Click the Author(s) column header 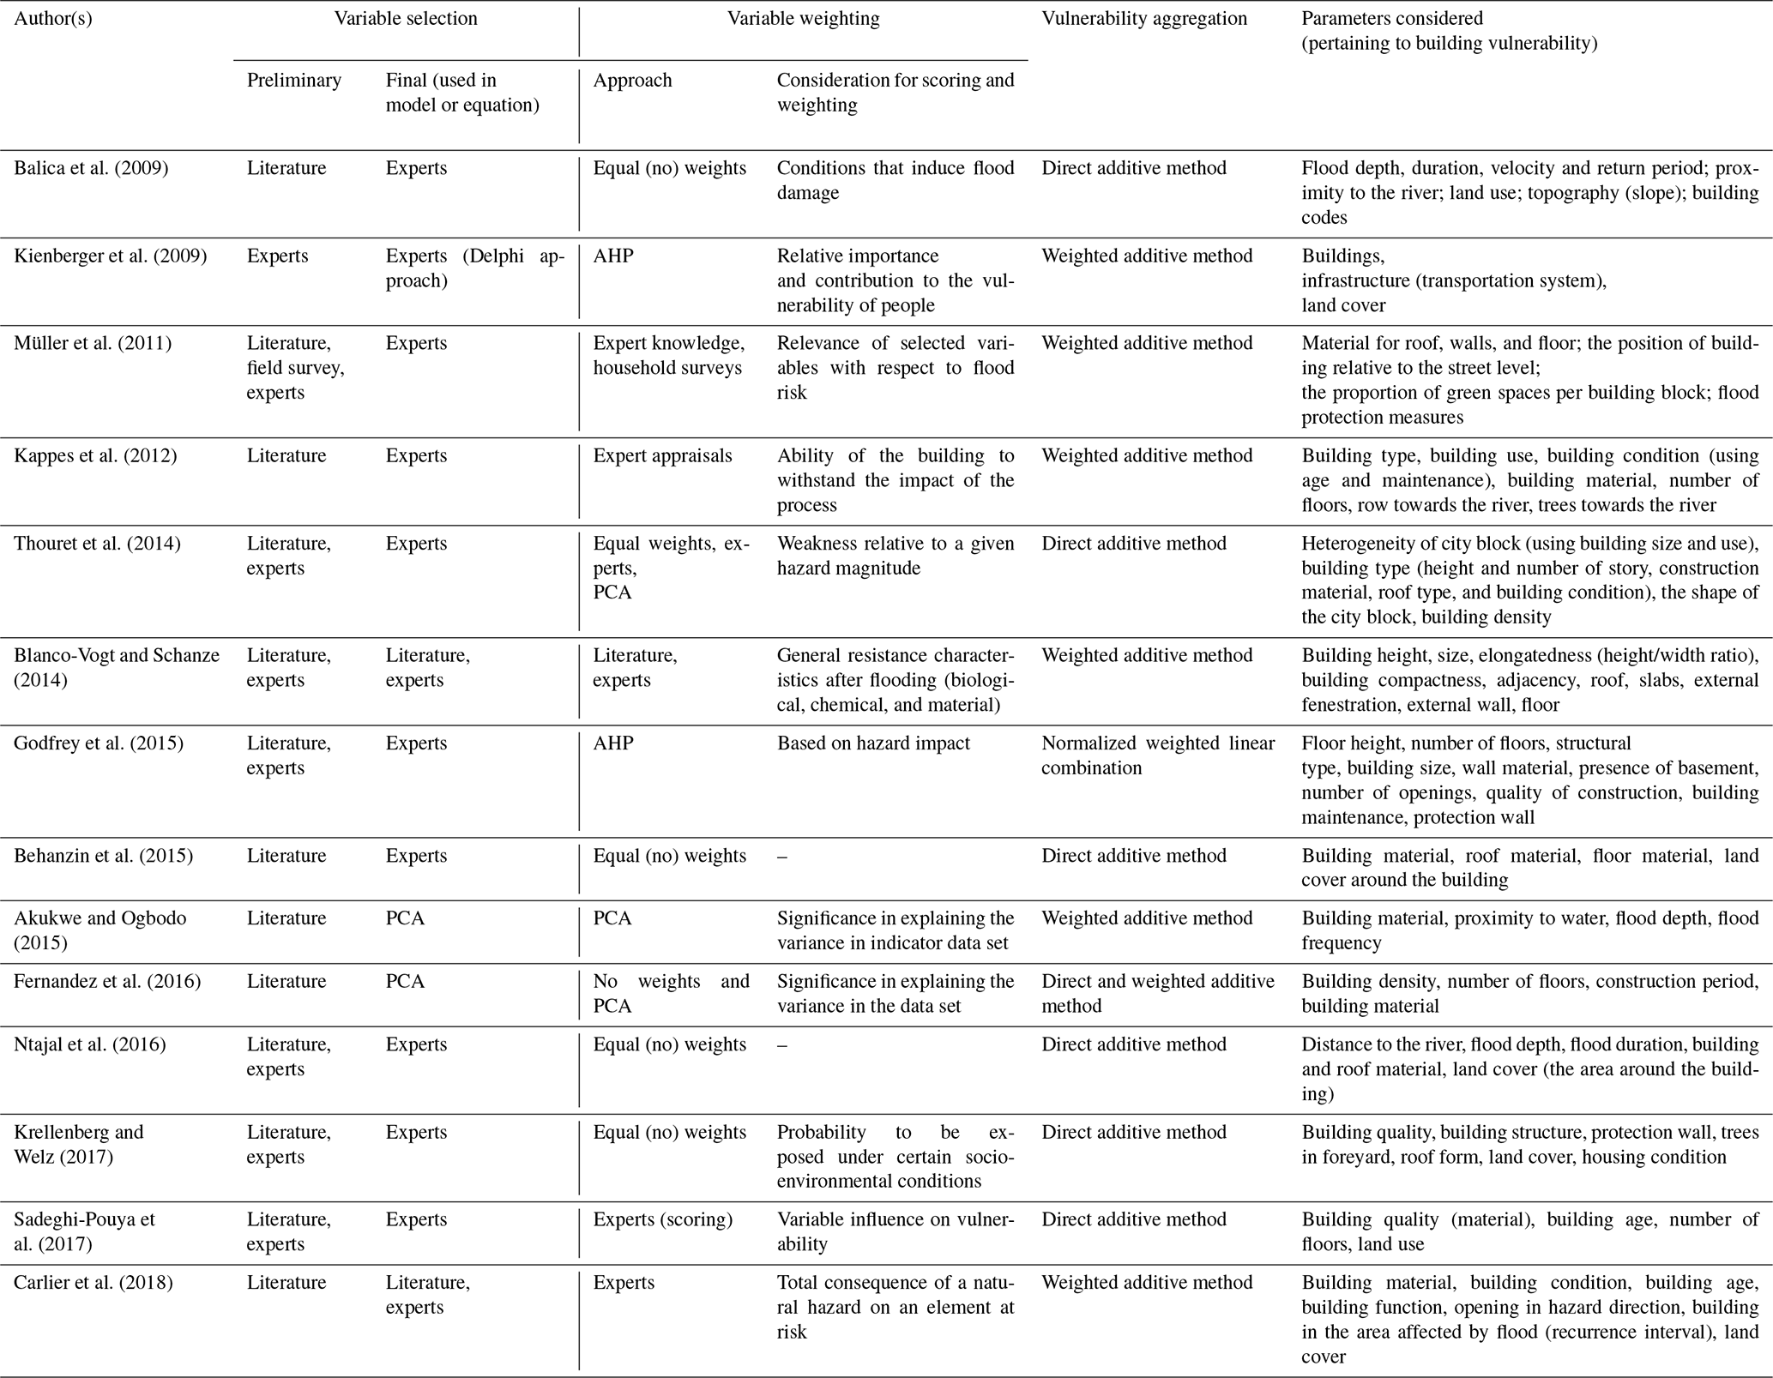click(53, 19)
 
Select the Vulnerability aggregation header click(1143, 19)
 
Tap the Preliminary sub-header click(293, 81)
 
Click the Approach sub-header click(632, 81)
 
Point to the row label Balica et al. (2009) click(91, 168)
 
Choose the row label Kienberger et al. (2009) click(110, 256)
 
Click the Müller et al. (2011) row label click(93, 344)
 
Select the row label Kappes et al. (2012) click(95, 456)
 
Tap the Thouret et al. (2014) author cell click(97, 544)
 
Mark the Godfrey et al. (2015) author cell click(99, 743)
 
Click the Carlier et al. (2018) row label click(93, 1283)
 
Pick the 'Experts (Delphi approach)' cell click(474, 268)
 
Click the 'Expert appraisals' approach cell click(662, 456)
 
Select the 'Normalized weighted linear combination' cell click(1158, 755)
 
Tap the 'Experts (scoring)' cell click(662, 1219)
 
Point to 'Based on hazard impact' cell click(873, 743)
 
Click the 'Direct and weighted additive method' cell click(1158, 993)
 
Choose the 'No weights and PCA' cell click(671, 993)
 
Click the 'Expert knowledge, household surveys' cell click(669, 356)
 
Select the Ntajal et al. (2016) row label click(90, 1044)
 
